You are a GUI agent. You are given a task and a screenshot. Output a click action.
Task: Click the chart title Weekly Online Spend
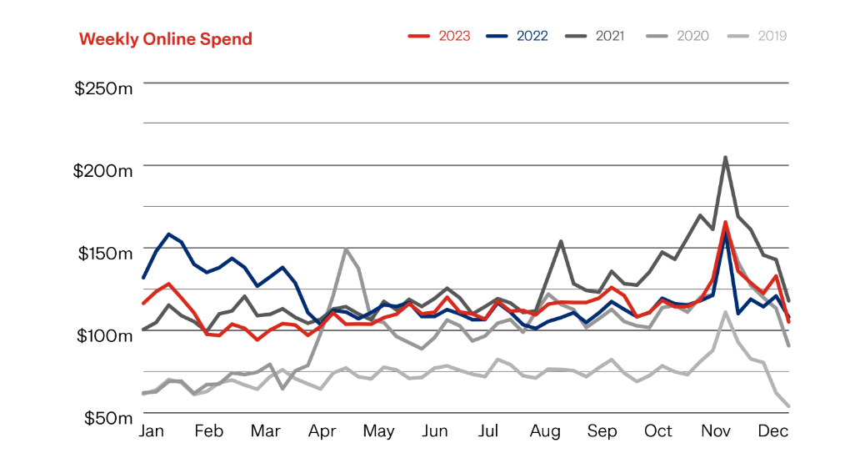point(165,39)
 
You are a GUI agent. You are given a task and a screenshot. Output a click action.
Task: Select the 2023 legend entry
point(439,36)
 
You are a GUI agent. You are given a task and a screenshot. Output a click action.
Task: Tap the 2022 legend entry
point(517,36)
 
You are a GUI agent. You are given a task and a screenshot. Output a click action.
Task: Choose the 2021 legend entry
point(595,36)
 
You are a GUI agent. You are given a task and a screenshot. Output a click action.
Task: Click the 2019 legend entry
point(757,36)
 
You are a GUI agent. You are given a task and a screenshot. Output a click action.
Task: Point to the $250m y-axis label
point(102,88)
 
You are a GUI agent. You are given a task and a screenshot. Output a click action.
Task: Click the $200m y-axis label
point(102,170)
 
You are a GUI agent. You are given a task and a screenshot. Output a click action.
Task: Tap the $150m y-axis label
point(102,253)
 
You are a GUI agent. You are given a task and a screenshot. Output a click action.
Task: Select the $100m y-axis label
point(102,335)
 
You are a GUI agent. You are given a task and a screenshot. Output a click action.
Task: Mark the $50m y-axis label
point(107,418)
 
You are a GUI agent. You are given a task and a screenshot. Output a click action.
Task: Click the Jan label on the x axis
point(151,431)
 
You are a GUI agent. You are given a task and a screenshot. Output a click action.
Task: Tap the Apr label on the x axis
point(322,431)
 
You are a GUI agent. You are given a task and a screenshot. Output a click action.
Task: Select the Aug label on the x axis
point(545,431)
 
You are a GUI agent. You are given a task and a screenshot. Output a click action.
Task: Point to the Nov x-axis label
point(715,431)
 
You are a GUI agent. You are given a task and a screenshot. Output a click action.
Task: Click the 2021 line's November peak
point(726,157)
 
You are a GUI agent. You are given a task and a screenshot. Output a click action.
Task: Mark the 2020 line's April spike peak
point(346,249)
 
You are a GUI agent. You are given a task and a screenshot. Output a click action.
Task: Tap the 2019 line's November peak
point(726,312)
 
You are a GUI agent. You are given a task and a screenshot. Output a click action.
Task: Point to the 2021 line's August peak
point(561,241)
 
